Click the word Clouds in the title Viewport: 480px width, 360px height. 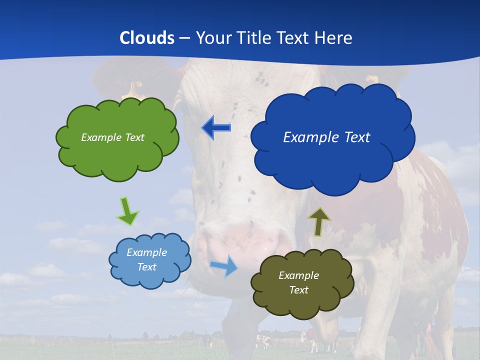coord(147,38)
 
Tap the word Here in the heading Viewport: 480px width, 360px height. coord(333,38)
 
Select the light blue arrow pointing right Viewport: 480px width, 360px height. coord(224,265)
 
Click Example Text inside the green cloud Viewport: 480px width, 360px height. coord(112,137)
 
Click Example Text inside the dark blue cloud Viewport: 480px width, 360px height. coord(326,137)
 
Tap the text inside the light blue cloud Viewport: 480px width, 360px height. coord(146,260)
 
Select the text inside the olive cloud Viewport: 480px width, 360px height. coord(298,282)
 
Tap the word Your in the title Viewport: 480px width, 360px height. coord(213,38)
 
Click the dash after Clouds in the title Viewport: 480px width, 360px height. coord(184,38)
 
